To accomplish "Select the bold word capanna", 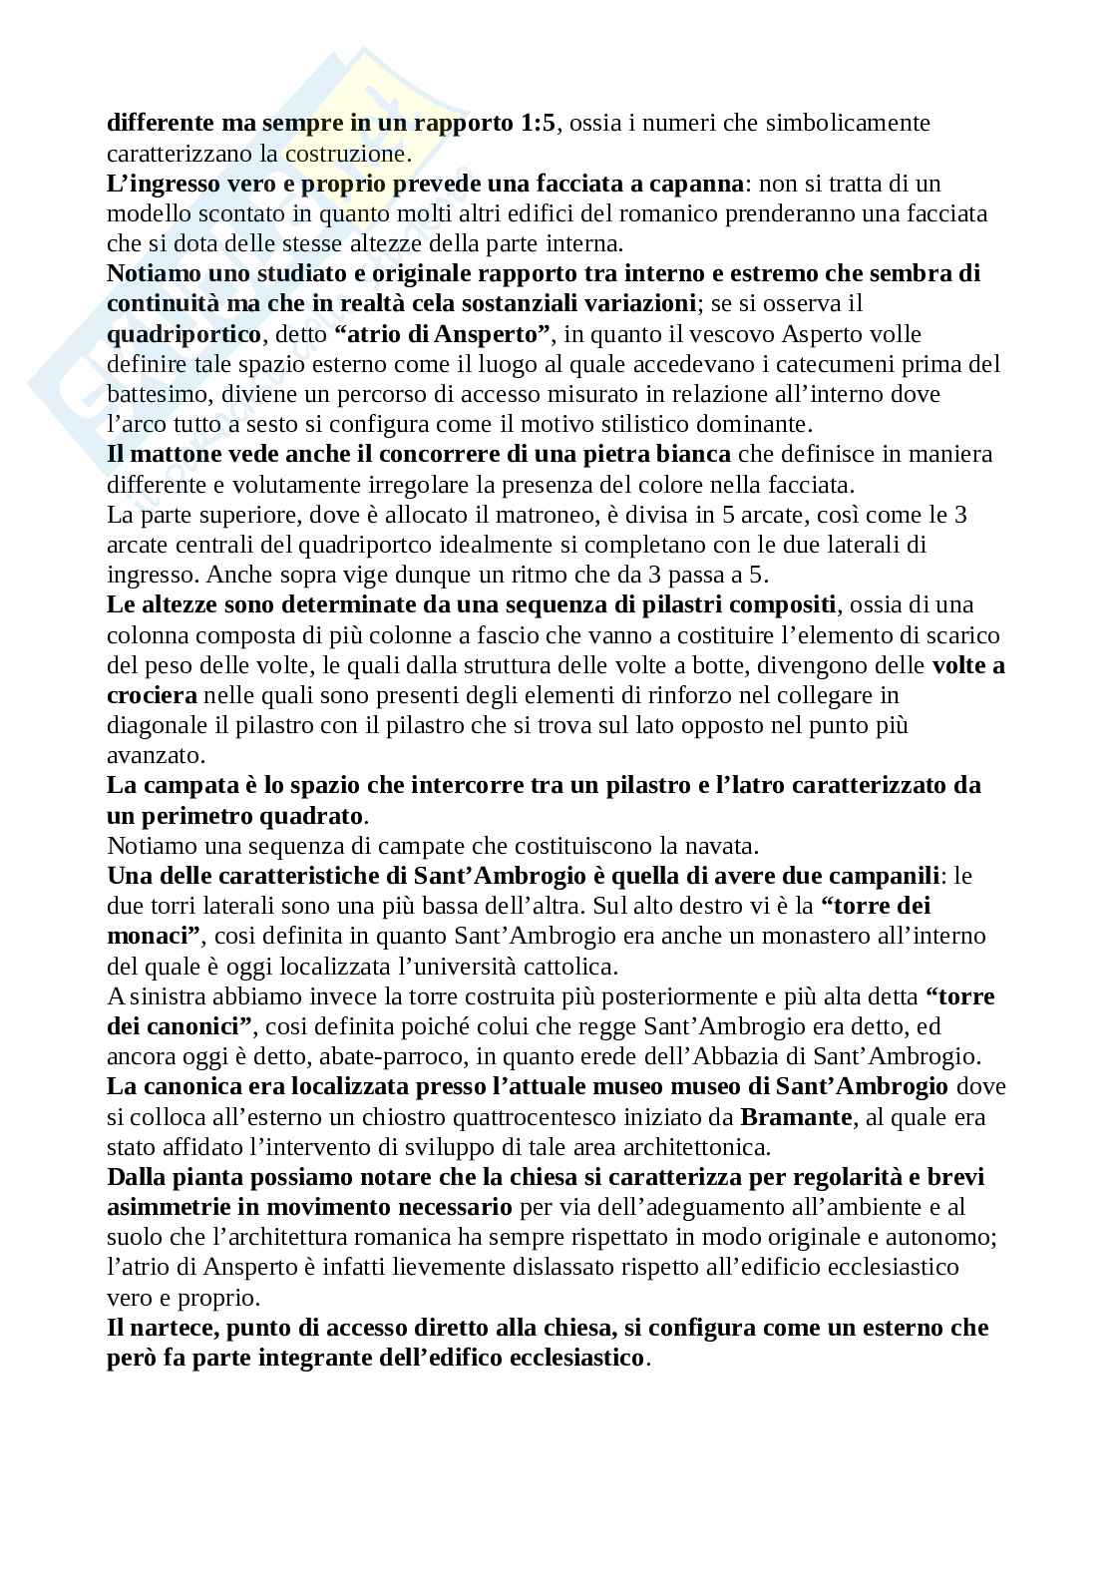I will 698,184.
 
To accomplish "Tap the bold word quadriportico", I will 184,333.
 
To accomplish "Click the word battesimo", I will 153,394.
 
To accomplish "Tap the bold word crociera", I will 152,695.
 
